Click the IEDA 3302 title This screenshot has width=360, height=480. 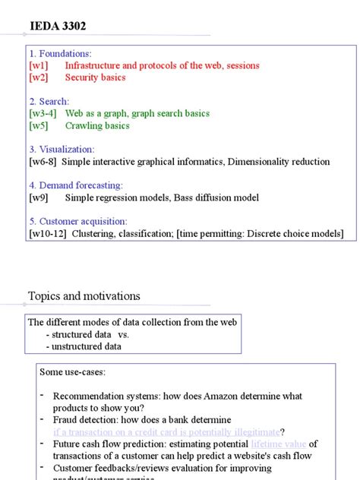(58, 27)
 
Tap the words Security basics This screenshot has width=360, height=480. (95, 77)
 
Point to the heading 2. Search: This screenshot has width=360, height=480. (49, 101)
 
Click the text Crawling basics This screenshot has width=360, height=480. (97, 125)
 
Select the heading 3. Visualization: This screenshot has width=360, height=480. (62, 150)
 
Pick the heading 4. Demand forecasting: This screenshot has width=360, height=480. (75, 185)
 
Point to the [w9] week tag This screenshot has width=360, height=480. (39, 197)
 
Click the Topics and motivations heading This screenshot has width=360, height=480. (84, 296)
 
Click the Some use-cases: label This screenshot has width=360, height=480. (73, 372)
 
